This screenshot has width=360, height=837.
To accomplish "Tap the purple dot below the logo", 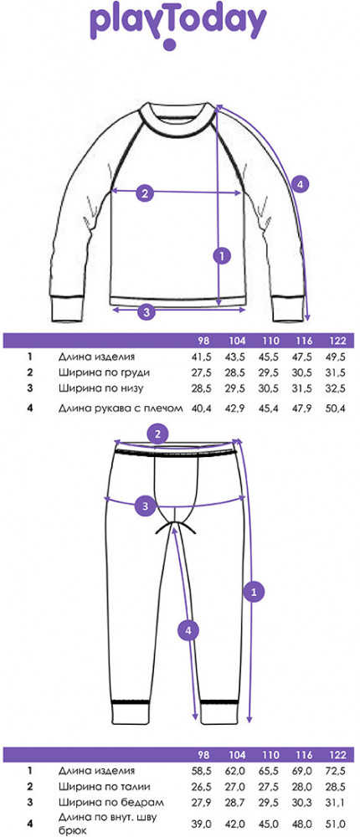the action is [x=169, y=44].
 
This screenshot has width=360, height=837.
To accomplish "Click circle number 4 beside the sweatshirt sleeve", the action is [x=301, y=185].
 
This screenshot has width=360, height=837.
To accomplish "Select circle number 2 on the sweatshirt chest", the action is [x=144, y=193].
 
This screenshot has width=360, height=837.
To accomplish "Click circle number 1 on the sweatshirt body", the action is [x=221, y=255].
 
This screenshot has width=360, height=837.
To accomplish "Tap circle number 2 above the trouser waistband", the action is [x=157, y=434].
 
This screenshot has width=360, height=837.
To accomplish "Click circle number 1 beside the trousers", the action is [x=254, y=591].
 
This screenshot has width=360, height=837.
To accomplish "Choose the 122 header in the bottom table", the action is [x=337, y=755].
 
